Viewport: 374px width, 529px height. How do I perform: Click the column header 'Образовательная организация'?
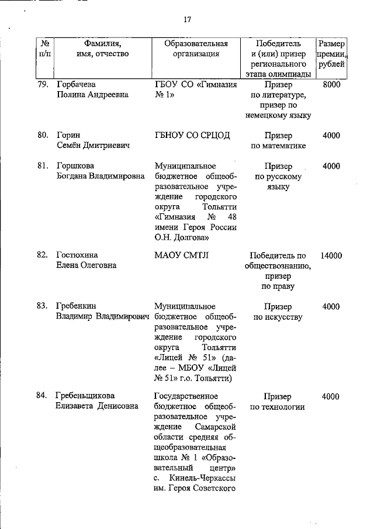pos(196,49)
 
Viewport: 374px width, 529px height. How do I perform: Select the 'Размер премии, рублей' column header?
pos(331,54)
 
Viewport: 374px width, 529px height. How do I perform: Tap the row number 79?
pos(42,84)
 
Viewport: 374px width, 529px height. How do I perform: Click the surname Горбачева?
pos(75,84)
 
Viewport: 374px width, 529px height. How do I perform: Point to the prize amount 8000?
pos(331,84)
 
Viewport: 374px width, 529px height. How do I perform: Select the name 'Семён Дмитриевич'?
pos(92,145)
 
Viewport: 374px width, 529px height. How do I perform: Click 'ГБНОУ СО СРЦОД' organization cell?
pos(192,135)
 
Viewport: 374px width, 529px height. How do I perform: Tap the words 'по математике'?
pos(278,145)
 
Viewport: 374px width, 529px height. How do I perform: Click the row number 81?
pos(42,166)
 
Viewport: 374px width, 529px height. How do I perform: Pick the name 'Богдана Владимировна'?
pos(101,176)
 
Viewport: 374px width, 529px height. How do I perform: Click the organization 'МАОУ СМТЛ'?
pos(181,255)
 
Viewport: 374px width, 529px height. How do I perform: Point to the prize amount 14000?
pos(331,255)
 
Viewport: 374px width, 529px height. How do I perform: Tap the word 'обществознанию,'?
pos(278,265)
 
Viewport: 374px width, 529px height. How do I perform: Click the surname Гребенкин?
pos(77,306)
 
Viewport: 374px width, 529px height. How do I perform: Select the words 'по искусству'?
pos(278,317)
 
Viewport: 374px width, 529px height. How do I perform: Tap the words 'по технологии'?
pos(278,406)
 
